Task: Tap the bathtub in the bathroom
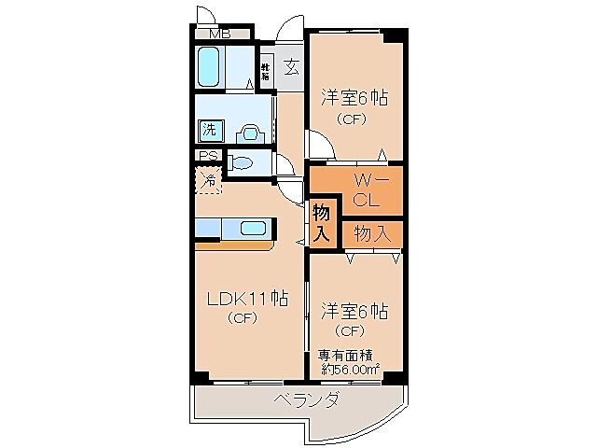tap(209, 67)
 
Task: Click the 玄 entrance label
tap(290, 67)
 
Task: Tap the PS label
tap(207, 157)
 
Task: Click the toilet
tap(241, 163)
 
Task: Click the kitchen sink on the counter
tap(253, 227)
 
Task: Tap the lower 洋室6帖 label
tap(354, 311)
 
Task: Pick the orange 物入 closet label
tap(371, 233)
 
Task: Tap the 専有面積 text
tap(348, 354)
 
